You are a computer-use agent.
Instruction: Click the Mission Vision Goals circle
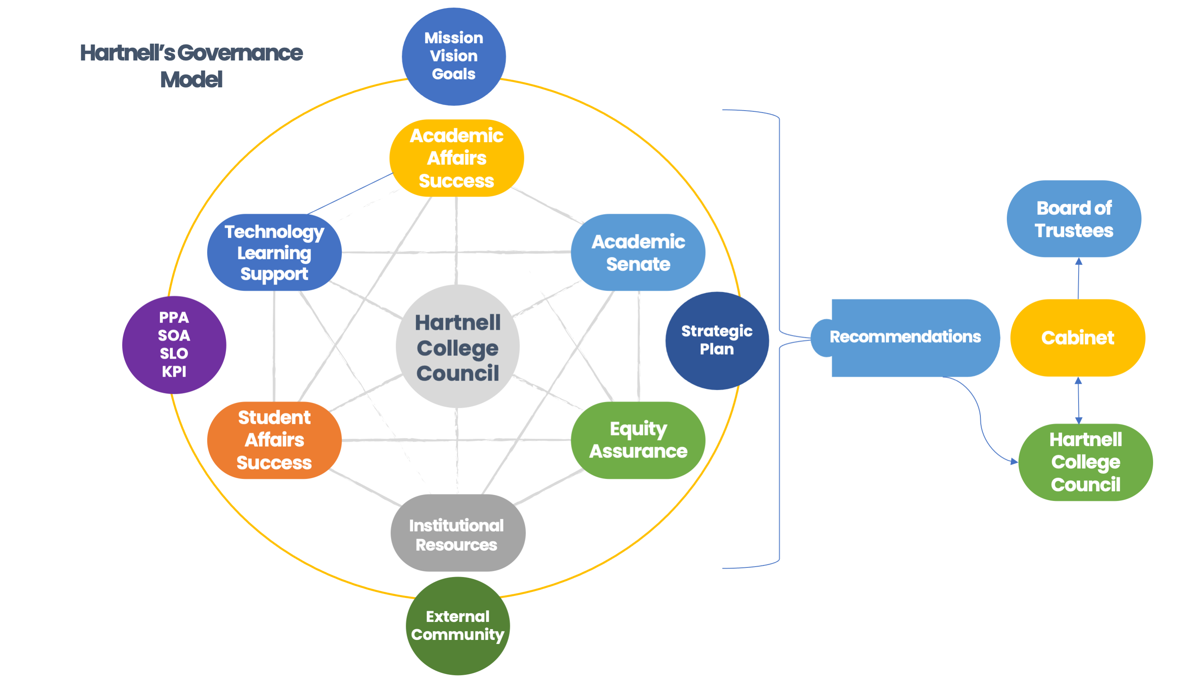(454, 56)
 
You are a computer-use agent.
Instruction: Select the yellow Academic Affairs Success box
(457, 158)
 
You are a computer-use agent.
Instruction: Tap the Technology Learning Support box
(275, 252)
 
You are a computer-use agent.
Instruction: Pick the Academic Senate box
(638, 252)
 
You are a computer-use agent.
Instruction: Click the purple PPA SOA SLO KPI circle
(174, 345)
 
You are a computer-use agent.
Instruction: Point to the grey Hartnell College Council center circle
(457, 347)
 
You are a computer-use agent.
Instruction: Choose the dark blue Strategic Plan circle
(717, 341)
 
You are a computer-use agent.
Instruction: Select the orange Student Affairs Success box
(275, 440)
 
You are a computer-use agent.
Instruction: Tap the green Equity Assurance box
(638, 440)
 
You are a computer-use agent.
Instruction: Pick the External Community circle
(457, 626)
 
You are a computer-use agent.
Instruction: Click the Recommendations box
(905, 337)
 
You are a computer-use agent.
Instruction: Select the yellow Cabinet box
(1077, 337)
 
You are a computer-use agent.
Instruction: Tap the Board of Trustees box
(1074, 219)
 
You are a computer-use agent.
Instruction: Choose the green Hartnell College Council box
(1085, 462)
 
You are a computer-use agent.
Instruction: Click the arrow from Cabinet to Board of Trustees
(1078, 278)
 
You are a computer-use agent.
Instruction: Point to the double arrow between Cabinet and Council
(1078, 400)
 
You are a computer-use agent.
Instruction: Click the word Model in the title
(191, 80)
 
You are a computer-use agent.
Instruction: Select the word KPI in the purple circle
(174, 372)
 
